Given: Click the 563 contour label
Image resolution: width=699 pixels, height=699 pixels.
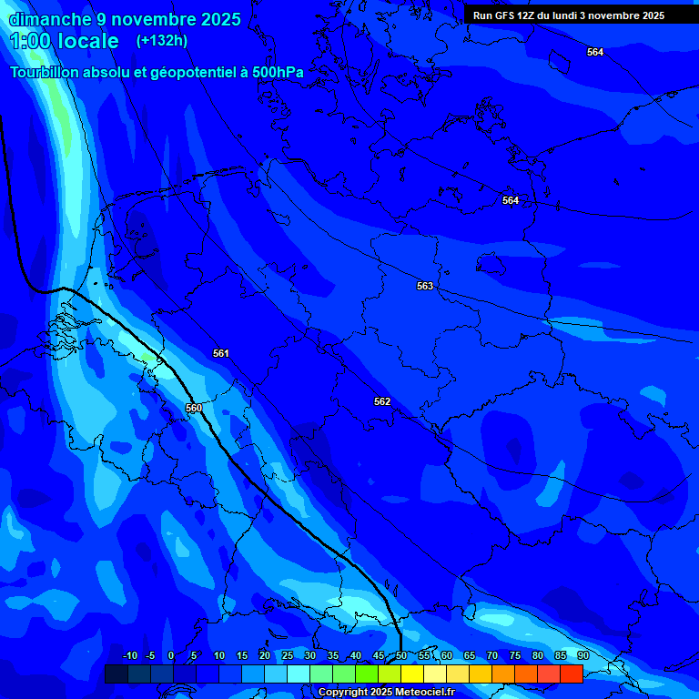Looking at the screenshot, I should (x=425, y=286).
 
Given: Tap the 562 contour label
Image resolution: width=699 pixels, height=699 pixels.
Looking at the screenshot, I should (x=382, y=401).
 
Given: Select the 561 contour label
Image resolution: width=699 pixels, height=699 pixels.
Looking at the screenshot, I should (x=221, y=353).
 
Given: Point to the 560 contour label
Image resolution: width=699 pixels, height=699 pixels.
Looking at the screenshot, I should (x=194, y=408).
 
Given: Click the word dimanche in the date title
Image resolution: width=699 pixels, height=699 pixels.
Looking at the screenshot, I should (x=48, y=19).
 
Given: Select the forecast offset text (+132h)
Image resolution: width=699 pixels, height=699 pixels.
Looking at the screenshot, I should (x=161, y=41).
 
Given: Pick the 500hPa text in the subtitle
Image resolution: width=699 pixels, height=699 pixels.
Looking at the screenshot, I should (x=271, y=72).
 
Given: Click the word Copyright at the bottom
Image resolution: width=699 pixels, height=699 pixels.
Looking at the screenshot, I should (x=342, y=693).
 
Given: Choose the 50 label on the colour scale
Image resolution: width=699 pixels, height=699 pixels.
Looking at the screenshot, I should (x=401, y=656).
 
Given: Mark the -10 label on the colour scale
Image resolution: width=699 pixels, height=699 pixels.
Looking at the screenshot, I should (x=129, y=656).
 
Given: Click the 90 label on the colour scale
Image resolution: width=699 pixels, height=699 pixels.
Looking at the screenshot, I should (x=583, y=656).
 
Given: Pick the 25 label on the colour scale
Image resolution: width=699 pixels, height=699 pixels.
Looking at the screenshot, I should (x=288, y=656).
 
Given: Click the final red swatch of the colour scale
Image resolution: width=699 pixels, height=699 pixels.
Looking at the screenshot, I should (x=572, y=674).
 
